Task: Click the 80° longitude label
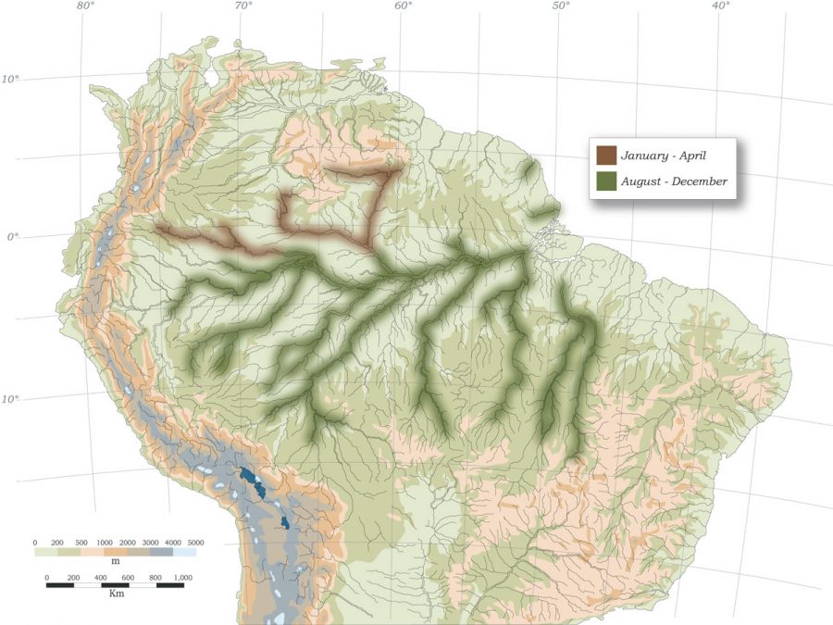[85, 6]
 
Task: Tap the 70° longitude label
[243, 6]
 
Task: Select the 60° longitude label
[403, 6]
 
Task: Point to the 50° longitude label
[561, 6]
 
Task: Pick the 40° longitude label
[720, 6]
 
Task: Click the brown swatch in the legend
[607, 155]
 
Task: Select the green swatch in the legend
[607, 181]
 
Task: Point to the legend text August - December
[674, 181]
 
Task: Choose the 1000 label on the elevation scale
[104, 543]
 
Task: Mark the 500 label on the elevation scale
[81, 543]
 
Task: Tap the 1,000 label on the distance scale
[181, 577]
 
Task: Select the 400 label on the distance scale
[102, 577]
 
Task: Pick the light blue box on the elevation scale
[184, 552]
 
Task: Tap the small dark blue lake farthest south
[285, 524]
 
